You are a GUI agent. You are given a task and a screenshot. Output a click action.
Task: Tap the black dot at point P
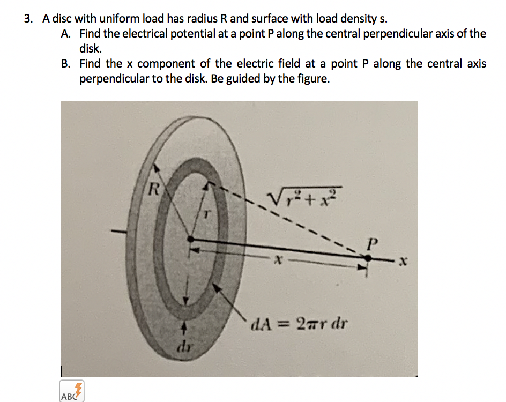click(x=367, y=258)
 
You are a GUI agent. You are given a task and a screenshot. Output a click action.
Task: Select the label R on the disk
click(x=154, y=189)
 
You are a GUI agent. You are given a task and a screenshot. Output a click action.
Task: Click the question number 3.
click(x=28, y=19)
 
